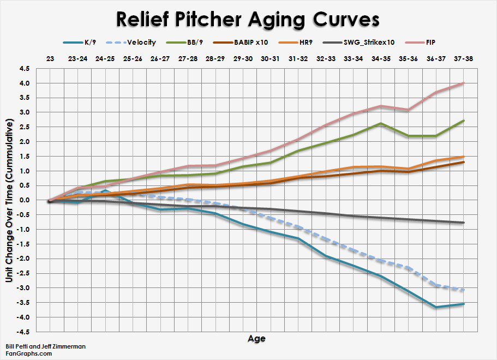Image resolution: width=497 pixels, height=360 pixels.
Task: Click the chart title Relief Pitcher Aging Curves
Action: click(248, 19)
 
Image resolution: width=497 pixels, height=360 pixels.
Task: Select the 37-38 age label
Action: click(463, 58)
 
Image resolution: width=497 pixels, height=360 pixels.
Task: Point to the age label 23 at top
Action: click(50, 58)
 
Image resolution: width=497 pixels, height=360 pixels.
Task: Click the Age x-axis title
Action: click(256, 339)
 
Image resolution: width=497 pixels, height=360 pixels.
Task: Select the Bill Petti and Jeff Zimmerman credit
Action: click(45, 346)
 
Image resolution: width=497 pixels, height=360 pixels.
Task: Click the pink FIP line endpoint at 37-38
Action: click(463, 83)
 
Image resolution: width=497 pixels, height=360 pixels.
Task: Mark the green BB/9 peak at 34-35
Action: click(380, 123)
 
